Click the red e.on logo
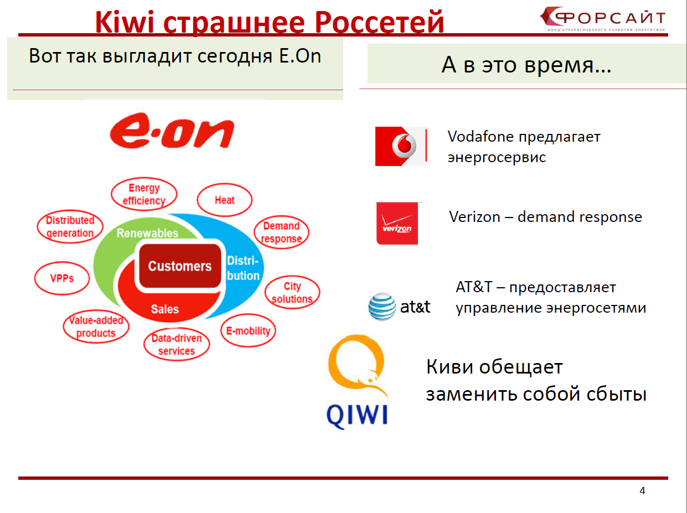[172, 131]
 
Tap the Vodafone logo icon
[401, 146]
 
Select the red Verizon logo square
[397, 224]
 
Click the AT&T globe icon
[382, 307]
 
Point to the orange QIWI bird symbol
[357, 365]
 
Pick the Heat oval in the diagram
[224, 200]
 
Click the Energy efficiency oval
[144, 194]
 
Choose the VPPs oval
[62, 278]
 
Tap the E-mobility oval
[248, 330]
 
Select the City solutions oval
[292, 292]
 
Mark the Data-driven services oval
[177, 344]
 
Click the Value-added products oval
[96, 327]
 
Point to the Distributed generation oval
[70, 226]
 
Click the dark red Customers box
[180, 266]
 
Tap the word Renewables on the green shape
[147, 233]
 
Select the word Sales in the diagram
[165, 309]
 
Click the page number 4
[642, 490]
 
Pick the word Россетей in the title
[379, 23]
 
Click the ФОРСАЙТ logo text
[609, 18]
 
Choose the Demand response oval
[281, 232]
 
